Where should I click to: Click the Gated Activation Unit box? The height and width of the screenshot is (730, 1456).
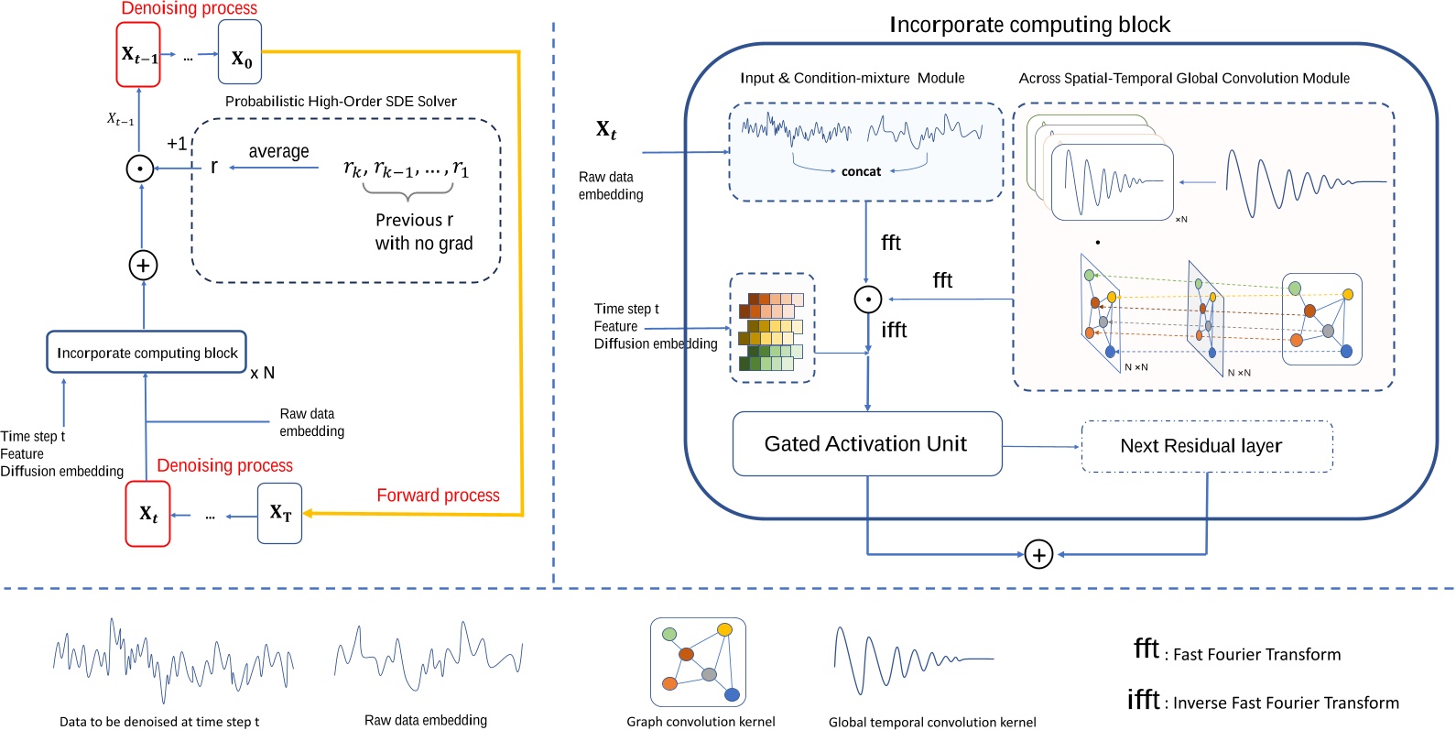coord(867,444)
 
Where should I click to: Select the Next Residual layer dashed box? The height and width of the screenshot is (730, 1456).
coord(1206,446)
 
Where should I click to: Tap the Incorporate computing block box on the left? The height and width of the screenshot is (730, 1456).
coord(147,353)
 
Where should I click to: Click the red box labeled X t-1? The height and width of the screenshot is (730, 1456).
coord(138,55)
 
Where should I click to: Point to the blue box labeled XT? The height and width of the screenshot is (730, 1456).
coord(279,513)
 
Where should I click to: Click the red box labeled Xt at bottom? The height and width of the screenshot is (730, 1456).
coord(147,514)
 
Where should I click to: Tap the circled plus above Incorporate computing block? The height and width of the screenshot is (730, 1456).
coord(143,266)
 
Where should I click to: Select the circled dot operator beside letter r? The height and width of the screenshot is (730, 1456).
coord(139,169)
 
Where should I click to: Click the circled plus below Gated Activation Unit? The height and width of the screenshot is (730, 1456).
coord(1038,555)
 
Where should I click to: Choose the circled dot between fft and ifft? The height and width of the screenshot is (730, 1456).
coord(867,300)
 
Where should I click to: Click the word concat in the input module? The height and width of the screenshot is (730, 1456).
coord(861,171)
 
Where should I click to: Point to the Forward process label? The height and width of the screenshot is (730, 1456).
coord(438,496)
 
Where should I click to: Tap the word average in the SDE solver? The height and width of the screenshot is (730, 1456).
coord(278,152)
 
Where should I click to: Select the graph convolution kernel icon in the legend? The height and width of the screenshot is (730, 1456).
coord(698,661)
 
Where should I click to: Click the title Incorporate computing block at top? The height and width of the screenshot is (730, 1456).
coord(1029,25)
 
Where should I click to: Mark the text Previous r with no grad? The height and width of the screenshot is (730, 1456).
coord(423,232)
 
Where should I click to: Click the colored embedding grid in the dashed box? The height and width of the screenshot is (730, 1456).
coord(771,331)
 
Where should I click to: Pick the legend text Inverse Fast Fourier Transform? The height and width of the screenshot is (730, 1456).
coord(1286,703)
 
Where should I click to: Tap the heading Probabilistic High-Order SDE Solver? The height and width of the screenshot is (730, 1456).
coord(341,102)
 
